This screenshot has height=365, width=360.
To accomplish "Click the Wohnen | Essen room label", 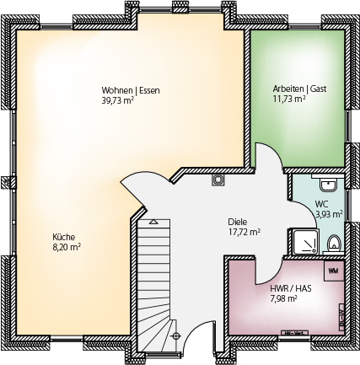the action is click(x=131, y=90).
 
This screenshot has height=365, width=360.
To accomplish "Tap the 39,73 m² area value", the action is click(x=117, y=100).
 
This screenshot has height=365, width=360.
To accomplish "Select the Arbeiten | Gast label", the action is click(x=299, y=89).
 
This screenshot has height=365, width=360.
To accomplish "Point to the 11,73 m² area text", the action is click(x=289, y=99).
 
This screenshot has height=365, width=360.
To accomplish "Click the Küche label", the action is click(x=64, y=237).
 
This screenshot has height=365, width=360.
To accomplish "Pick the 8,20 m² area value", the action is click(x=67, y=247).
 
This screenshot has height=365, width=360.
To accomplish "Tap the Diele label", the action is click(x=238, y=222).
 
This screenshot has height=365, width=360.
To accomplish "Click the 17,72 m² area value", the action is click(x=244, y=232).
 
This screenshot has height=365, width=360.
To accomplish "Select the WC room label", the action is click(x=321, y=204).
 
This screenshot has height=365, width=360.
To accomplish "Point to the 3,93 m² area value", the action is click(x=329, y=214).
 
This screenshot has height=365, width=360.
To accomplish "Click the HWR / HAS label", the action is click(x=291, y=288).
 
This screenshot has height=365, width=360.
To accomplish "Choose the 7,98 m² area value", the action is click(x=283, y=298).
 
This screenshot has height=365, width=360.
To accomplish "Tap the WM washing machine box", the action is click(x=334, y=271).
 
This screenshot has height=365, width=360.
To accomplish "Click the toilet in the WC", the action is click(x=334, y=244).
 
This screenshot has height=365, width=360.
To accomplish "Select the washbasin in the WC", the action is click(x=328, y=185).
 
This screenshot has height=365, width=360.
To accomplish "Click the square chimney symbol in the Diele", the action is click(x=218, y=180).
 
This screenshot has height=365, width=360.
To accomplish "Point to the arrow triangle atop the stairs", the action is click(x=153, y=222).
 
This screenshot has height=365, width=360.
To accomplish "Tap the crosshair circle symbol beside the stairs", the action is click(x=176, y=335).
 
